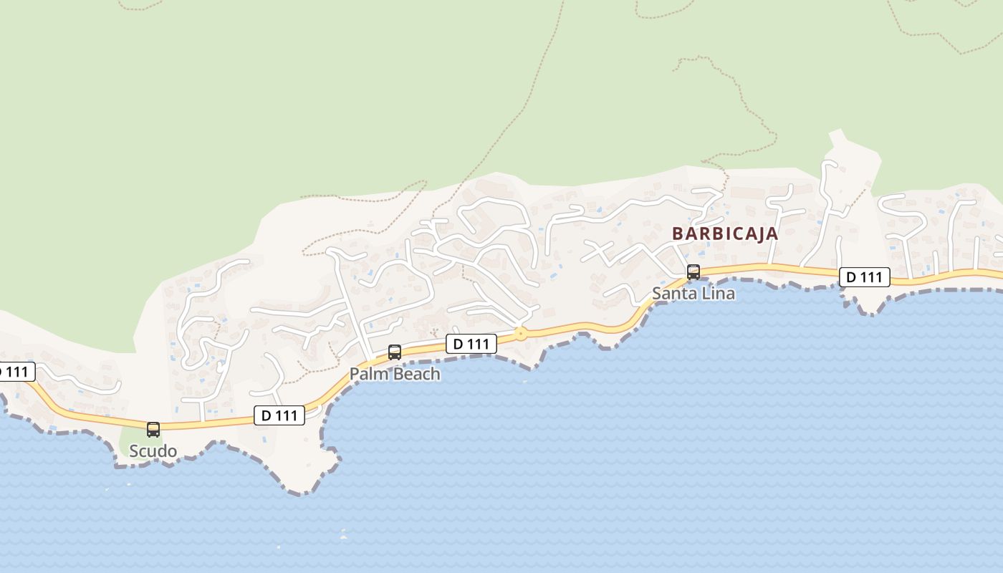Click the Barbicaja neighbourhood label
coord(724,233)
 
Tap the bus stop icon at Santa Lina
coord(693,272)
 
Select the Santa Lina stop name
coord(693,294)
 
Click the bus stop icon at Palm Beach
coord(394,352)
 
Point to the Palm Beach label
coord(395,374)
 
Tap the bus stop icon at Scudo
coord(153,430)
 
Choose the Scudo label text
coord(153,451)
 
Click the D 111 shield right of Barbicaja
coord(865,277)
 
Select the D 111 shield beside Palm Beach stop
coord(471,344)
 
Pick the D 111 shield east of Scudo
coord(279,415)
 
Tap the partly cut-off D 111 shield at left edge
coord(14,372)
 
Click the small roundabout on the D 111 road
coord(521,334)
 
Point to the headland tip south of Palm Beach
coord(304,491)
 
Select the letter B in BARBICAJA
coord(677,233)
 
